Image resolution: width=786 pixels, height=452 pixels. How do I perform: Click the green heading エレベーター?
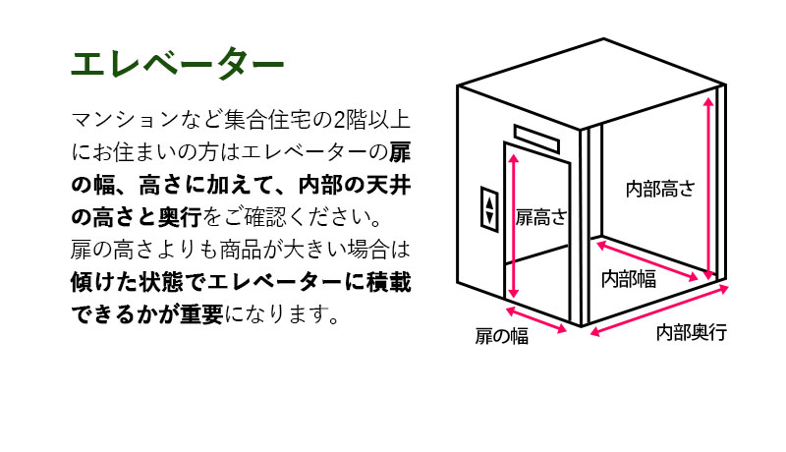pyautogui.click(x=178, y=64)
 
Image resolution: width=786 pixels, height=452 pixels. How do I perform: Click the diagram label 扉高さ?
pyautogui.click(x=541, y=217)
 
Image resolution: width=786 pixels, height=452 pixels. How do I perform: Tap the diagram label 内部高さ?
pyautogui.click(x=660, y=189)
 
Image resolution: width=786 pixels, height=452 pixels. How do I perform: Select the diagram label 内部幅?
pyautogui.click(x=629, y=279)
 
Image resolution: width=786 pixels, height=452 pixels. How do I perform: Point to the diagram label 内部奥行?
pyautogui.click(x=692, y=332)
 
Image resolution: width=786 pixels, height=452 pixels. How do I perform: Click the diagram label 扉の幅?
pyautogui.click(x=502, y=336)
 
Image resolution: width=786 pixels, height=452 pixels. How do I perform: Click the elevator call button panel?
pyautogui.click(x=489, y=209)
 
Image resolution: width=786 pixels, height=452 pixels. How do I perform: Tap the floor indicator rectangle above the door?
pyautogui.click(x=535, y=138)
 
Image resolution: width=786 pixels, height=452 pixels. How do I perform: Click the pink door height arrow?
pyautogui.click(x=513, y=226)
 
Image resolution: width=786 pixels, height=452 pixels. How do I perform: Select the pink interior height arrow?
pyautogui.click(x=707, y=188)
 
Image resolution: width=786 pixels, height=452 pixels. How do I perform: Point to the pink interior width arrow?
pyautogui.click(x=647, y=260)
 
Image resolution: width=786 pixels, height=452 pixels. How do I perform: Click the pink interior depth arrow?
pyautogui.click(x=659, y=310)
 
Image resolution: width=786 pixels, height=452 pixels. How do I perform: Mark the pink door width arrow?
pyautogui.click(x=535, y=319)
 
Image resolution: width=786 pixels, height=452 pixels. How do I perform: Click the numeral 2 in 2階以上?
pyautogui.click(x=339, y=120)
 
